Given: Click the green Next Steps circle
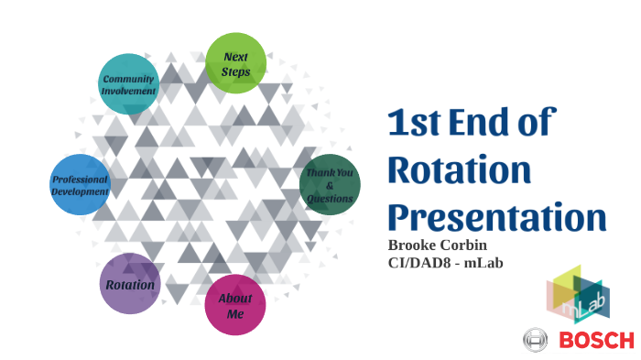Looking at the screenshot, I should pyautogui.click(x=235, y=63).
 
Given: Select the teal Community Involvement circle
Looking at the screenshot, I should pyautogui.click(x=128, y=84).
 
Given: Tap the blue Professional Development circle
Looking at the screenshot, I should pyautogui.click(x=80, y=185).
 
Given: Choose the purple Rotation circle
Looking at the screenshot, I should pyautogui.click(x=129, y=284).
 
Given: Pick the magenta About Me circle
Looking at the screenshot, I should pyautogui.click(x=235, y=306).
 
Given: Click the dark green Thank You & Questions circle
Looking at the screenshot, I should pyautogui.click(x=330, y=184).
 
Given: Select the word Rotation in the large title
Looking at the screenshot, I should pyautogui.click(x=459, y=170).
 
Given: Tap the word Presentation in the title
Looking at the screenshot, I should pyautogui.click(x=496, y=218).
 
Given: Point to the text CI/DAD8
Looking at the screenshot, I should pyautogui.click(x=421, y=262).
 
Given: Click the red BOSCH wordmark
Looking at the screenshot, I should pyautogui.click(x=596, y=340).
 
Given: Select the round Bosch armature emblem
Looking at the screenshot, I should pyautogui.click(x=535, y=340).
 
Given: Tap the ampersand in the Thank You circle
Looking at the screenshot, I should pyautogui.click(x=330, y=185).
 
